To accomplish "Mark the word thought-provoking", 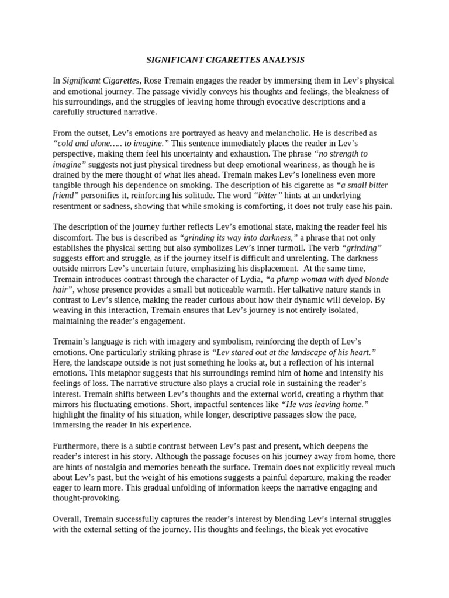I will (87, 498).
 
